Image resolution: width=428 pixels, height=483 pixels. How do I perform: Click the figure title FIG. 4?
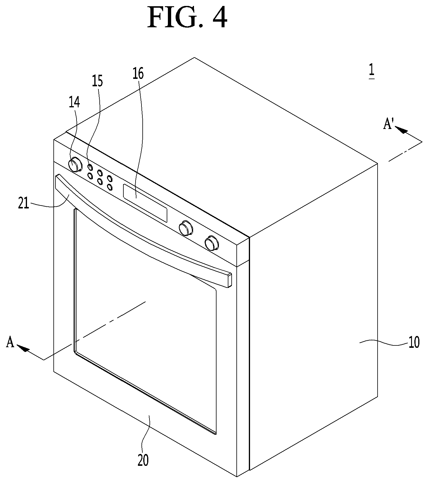187,18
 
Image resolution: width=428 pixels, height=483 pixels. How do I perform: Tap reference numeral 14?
74,103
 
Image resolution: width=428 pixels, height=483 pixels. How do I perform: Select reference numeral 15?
97,81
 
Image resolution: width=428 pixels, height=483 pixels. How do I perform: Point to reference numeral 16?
138,73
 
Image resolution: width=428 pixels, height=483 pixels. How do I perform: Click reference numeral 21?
24,204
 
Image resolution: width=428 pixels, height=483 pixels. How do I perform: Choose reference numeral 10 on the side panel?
414,342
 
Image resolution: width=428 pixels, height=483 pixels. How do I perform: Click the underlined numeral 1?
371,71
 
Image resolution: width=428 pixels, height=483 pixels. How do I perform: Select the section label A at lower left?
10,343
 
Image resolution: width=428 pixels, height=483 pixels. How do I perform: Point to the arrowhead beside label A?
23,348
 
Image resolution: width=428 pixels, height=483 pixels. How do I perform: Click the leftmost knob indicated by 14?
75,165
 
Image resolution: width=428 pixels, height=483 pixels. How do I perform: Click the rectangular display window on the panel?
145,203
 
